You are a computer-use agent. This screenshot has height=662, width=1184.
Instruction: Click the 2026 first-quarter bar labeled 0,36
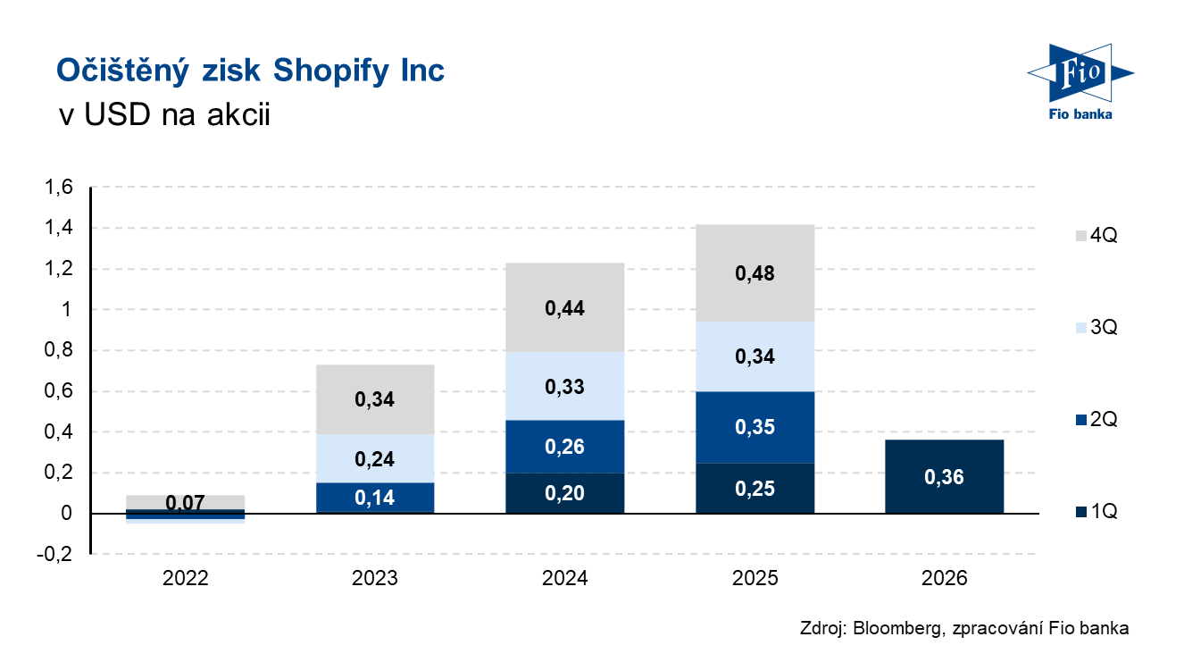pyautogui.click(x=944, y=476)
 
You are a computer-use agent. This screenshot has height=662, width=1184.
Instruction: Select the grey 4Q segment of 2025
pyautogui.click(x=755, y=273)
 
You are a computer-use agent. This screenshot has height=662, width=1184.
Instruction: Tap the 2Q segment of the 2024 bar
pyautogui.click(x=564, y=447)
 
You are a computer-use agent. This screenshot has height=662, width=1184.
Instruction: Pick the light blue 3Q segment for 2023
pyautogui.click(x=375, y=458)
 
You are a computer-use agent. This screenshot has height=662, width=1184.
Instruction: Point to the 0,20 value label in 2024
pyautogui.click(x=564, y=493)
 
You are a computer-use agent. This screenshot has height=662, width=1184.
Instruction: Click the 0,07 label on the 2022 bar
pyautogui.click(x=185, y=502)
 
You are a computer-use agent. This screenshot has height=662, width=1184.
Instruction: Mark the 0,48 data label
pyautogui.click(x=755, y=273)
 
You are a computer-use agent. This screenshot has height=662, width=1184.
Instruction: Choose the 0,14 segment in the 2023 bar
pyautogui.click(x=375, y=498)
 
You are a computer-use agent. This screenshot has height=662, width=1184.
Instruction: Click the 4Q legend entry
pyautogui.click(x=1096, y=235)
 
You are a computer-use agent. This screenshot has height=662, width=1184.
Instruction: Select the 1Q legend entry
pyautogui.click(x=1096, y=511)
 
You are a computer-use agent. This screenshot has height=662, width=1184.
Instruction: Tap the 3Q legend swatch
pyautogui.click(x=1081, y=328)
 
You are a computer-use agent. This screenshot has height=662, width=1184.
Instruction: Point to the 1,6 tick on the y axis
pyautogui.click(x=59, y=188)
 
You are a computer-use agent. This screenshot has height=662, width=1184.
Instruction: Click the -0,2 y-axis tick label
pyautogui.click(x=54, y=554)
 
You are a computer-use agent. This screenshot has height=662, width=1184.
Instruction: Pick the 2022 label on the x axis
pyautogui.click(x=185, y=578)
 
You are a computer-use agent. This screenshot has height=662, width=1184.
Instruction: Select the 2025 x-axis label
pyautogui.click(x=755, y=578)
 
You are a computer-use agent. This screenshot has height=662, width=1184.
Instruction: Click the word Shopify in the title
pyautogui.click(x=331, y=71)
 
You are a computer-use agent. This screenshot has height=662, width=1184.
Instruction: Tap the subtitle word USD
pyautogui.click(x=117, y=114)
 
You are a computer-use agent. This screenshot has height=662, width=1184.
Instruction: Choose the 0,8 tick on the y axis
pyautogui.click(x=59, y=350)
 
